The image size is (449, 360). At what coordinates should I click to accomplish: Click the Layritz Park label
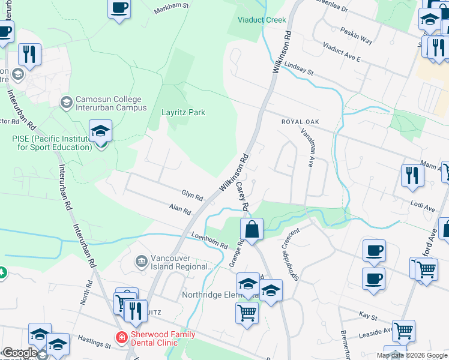(x=183, y=112)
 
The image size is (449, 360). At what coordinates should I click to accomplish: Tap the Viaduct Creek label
(x=262, y=20)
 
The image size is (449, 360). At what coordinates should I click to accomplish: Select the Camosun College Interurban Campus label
(x=111, y=103)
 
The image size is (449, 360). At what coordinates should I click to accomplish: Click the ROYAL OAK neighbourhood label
(x=300, y=122)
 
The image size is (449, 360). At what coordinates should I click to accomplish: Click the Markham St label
(x=171, y=8)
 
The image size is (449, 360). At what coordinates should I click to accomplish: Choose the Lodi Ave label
(x=423, y=206)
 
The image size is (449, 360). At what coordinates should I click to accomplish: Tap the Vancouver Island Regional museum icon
(x=142, y=261)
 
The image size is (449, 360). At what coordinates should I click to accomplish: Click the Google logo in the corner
(x=20, y=353)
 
